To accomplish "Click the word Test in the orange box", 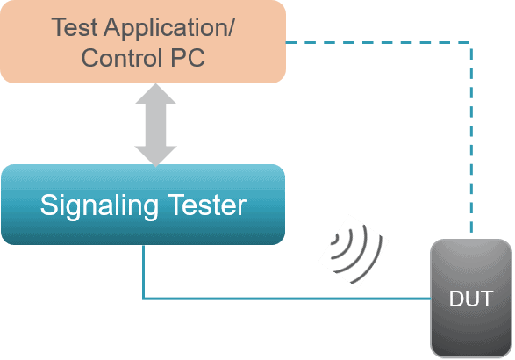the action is [75, 27].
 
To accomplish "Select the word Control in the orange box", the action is [122, 58].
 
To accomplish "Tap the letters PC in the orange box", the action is [188, 58].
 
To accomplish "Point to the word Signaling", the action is [99, 206].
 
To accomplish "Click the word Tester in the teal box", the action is [207, 205].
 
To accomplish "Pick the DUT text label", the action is [471, 299].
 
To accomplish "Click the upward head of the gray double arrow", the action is [155, 94].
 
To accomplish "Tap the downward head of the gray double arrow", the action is [155, 156].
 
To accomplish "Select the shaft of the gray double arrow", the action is [155, 125].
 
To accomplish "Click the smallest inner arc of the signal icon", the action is [336, 239].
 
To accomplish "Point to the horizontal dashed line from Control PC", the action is [379, 42].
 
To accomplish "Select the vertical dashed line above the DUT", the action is [472, 138].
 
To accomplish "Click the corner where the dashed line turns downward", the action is [472, 42].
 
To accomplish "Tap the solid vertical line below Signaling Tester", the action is [144, 272].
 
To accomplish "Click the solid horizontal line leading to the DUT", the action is [287, 299].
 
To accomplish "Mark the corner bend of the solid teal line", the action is [144, 299].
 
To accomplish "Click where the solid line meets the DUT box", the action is [431, 299].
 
